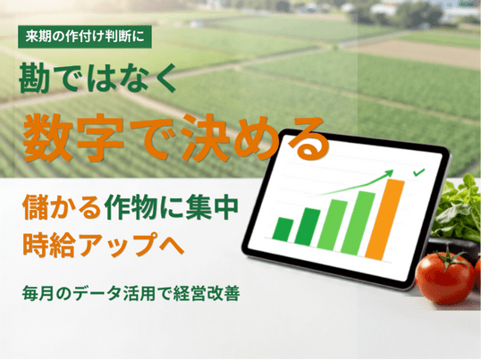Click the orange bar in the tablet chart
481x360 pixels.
click(384, 220)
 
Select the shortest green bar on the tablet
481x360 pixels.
click(283, 230)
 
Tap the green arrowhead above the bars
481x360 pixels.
click(388, 174)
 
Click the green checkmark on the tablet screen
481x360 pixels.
click(418, 172)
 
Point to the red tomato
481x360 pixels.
click(445, 278)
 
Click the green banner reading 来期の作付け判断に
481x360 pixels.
click(85, 37)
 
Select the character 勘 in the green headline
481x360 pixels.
click(34, 78)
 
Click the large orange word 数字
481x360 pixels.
click(73, 138)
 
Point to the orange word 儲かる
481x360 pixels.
click(62, 208)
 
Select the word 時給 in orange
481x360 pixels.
click(48, 245)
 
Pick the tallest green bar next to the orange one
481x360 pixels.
click(358, 223)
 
